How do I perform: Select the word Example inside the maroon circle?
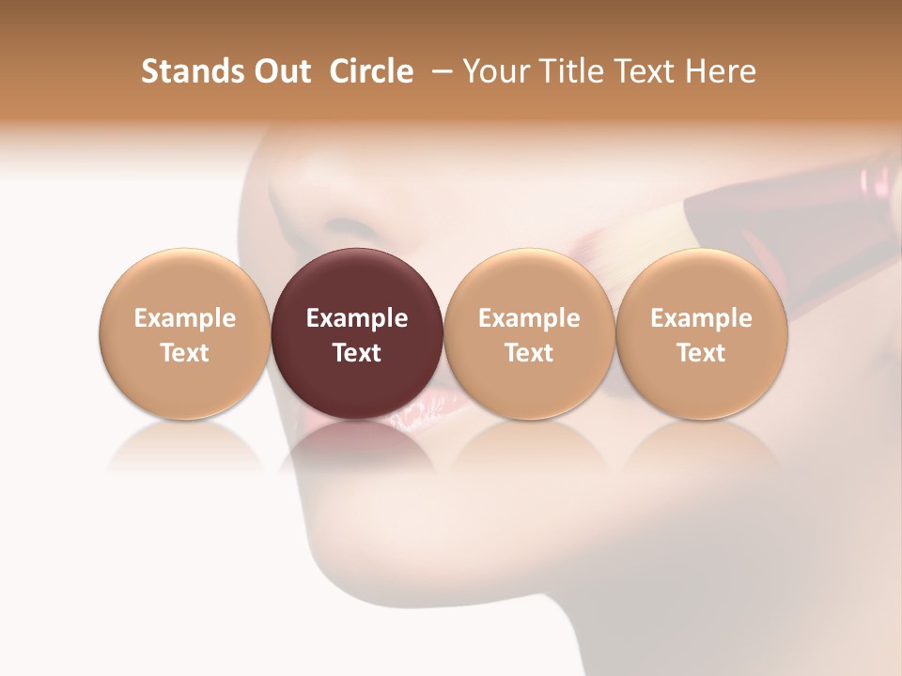pyautogui.click(x=357, y=318)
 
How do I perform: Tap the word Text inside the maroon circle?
pyautogui.click(x=357, y=353)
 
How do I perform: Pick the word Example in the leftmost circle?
pyautogui.click(x=184, y=318)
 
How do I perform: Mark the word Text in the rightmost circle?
pyautogui.click(x=702, y=353)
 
